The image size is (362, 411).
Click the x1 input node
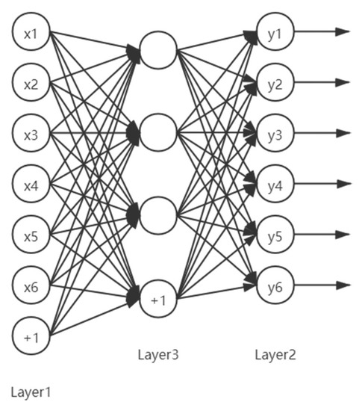31,33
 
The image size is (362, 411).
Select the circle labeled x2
31,84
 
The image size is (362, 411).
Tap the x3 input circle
31,135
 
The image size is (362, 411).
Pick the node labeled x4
31,185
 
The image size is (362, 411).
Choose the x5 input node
31,235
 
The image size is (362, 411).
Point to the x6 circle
31,286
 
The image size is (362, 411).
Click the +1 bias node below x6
31,337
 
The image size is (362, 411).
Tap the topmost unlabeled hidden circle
158,50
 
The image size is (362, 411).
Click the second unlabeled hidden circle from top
158,133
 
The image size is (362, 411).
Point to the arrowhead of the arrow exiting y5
343,235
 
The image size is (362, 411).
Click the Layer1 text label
31,390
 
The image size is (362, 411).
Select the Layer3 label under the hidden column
158,354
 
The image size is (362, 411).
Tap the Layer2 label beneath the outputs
275,354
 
